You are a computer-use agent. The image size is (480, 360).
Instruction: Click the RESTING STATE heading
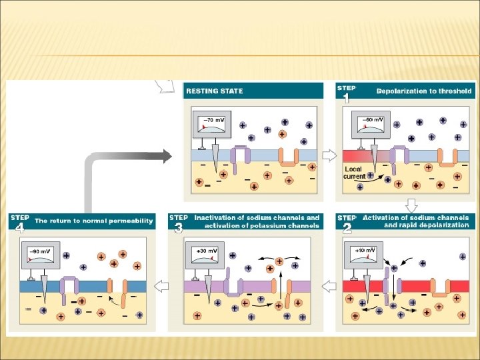pyautogui.click(x=214, y=91)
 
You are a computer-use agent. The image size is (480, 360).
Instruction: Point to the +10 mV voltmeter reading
pyautogui.click(x=365, y=250)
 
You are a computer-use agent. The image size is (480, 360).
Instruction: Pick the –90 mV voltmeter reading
pyautogui.click(x=41, y=251)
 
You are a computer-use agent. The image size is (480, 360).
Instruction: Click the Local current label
pyautogui.click(x=353, y=173)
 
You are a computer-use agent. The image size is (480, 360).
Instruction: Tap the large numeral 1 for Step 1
pyautogui.click(x=346, y=98)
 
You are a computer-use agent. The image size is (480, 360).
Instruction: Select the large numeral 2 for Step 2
pyautogui.click(x=347, y=229)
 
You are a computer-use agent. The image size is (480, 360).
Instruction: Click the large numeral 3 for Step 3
pyautogui.click(x=178, y=229)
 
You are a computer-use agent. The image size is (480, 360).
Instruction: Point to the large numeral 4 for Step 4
pyautogui.click(x=20, y=229)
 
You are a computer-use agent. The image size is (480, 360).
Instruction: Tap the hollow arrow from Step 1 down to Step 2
pyautogui.click(x=411, y=205)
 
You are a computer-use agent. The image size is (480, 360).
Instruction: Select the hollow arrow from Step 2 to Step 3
pyautogui.click(x=329, y=286)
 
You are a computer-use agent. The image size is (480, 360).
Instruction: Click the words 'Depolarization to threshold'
pyautogui.click(x=424, y=91)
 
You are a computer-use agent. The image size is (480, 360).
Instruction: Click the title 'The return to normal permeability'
pyautogui.click(x=94, y=221)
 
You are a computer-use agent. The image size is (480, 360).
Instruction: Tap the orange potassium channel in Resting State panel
pyautogui.click(x=288, y=157)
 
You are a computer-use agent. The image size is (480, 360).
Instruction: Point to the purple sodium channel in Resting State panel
pyautogui.click(x=241, y=154)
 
